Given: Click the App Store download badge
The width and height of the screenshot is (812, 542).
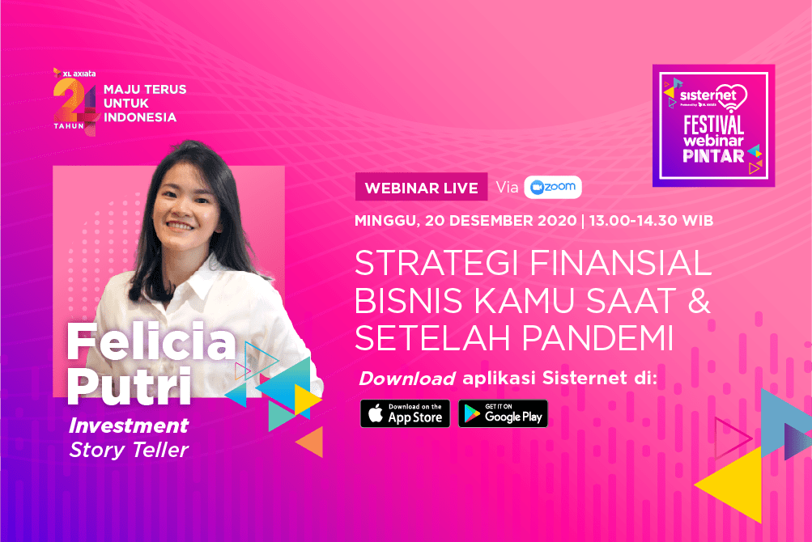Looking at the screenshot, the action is point(405,413).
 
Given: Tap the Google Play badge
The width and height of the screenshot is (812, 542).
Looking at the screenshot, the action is point(503,413).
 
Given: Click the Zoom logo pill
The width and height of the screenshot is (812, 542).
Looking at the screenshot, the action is point(553,187).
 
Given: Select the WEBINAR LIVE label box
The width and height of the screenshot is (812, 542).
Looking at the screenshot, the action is point(421,187).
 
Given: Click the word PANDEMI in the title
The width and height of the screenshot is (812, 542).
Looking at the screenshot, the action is point(597,338).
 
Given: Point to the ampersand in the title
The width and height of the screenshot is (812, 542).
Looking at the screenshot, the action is point(699,301).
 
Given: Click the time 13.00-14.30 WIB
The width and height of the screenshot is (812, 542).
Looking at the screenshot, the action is point(651,221).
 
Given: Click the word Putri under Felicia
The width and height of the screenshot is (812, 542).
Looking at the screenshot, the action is point(129,386).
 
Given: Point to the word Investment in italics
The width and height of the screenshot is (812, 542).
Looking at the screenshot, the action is point(129,426).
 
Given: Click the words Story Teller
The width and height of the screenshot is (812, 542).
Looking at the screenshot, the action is point(129,450).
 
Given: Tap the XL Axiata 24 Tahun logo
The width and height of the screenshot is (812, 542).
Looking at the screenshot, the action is point(75,101).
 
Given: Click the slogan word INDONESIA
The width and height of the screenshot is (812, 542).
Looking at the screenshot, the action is point(140,117).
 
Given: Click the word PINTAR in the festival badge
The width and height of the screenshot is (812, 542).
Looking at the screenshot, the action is point(713,156).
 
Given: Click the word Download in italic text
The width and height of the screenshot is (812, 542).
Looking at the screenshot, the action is point(407,379).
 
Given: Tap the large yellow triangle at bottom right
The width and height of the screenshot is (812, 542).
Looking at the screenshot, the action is point(735,485).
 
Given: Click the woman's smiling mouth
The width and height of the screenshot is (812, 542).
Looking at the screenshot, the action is point(181,226).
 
